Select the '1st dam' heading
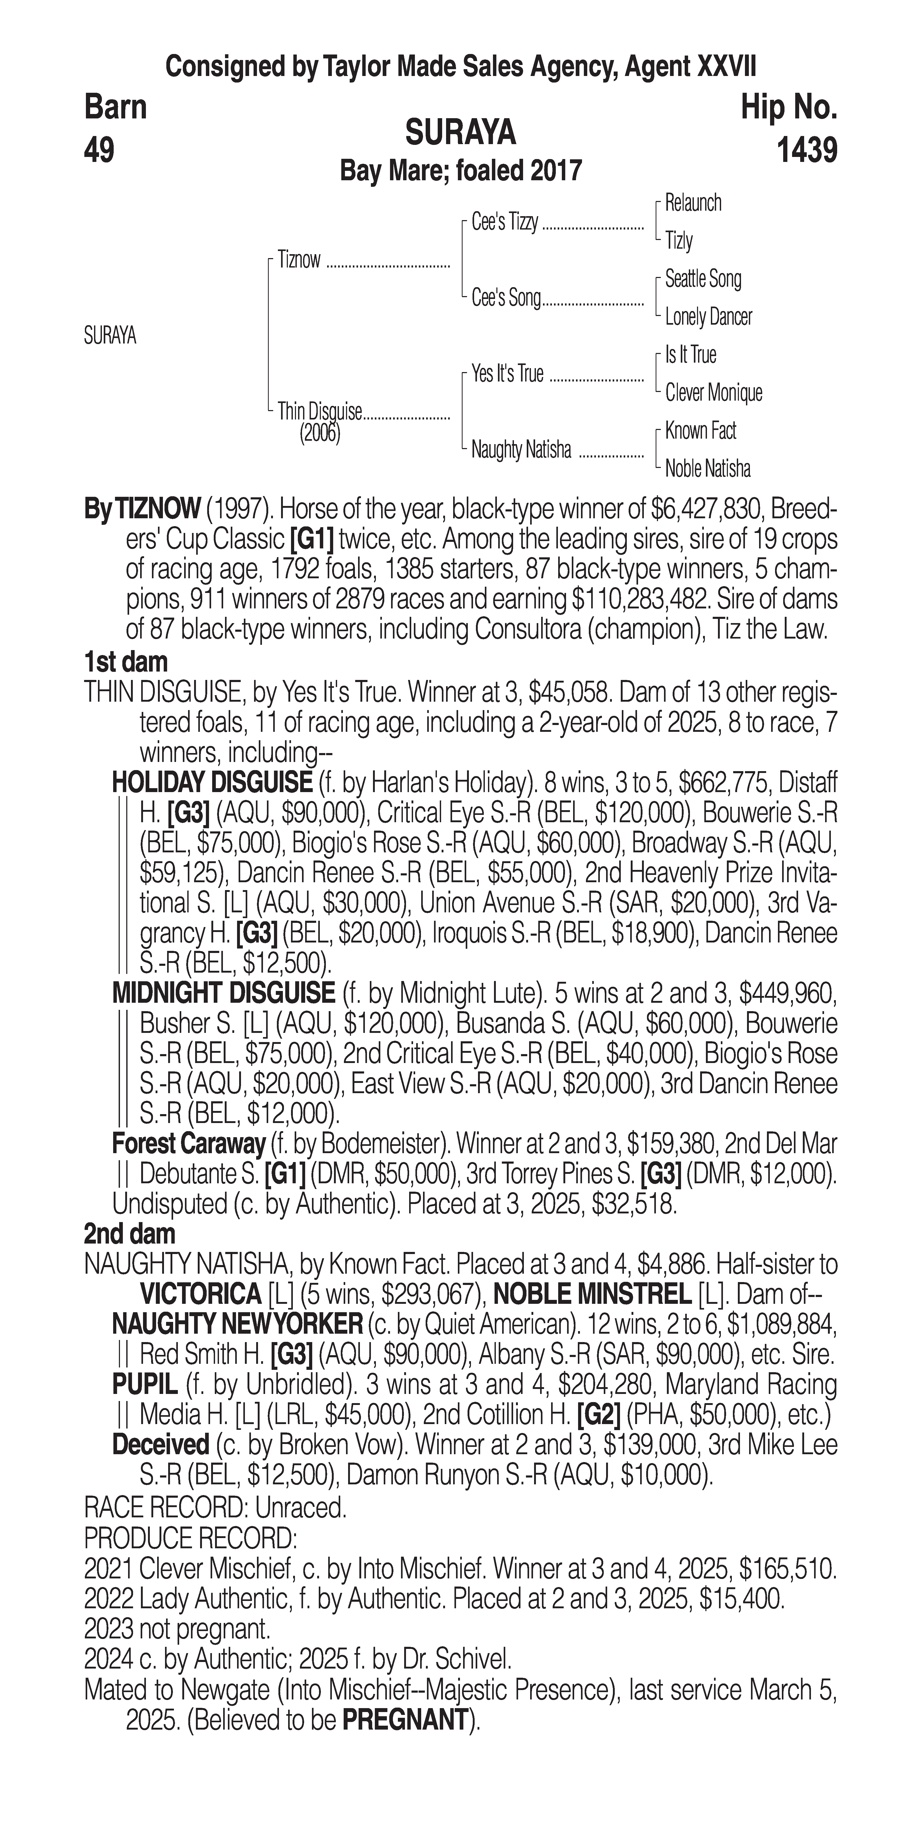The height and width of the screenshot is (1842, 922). coord(126,661)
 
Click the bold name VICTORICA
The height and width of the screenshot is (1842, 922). coord(201,1294)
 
